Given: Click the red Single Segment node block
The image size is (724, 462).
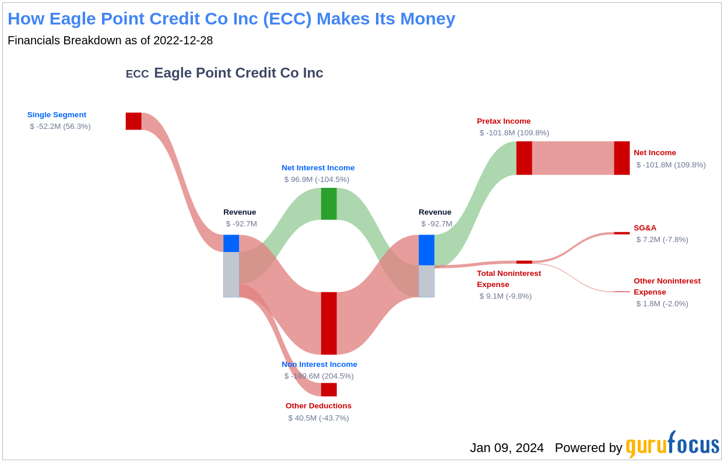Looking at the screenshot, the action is click(133, 121).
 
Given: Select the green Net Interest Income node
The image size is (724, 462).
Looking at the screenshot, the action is click(329, 204).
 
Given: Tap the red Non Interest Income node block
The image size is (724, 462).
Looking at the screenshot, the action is click(329, 323).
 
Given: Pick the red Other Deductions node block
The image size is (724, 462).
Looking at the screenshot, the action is click(329, 390).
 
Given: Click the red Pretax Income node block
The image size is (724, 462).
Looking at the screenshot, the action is click(524, 158).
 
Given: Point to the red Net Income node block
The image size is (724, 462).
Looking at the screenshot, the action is click(622, 158).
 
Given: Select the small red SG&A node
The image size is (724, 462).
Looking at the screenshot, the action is click(622, 233).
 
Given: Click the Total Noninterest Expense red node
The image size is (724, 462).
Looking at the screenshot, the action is click(524, 262).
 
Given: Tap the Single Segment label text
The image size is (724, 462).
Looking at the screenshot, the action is click(57, 114).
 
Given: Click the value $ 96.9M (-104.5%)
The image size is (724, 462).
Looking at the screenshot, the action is click(317, 179).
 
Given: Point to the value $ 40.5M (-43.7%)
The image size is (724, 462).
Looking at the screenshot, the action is click(318, 418).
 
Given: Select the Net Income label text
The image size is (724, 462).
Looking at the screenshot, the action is click(655, 152).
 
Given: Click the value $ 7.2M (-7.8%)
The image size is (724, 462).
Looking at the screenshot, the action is click(662, 239).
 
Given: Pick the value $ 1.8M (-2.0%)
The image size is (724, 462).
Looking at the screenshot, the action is click(662, 303).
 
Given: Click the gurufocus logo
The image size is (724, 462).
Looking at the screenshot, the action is click(673, 444).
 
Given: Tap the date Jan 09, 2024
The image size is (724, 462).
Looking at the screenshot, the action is click(507, 448).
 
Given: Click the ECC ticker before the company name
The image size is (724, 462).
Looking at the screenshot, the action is click(138, 74).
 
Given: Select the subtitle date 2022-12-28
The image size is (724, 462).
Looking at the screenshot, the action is click(183, 40).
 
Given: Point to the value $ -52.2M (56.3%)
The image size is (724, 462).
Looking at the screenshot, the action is click(60, 126).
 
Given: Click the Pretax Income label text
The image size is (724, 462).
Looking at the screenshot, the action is click(504, 121).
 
